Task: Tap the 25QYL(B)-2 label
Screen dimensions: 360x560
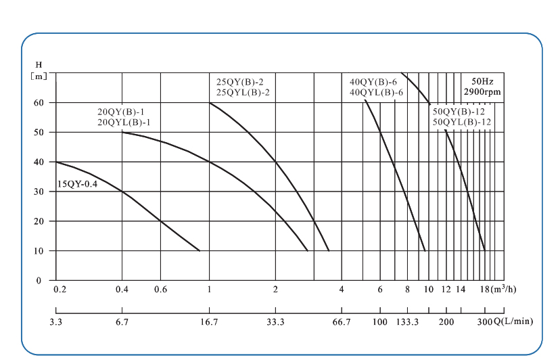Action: tap(243, 92)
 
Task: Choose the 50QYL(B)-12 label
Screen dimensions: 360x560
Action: tap(461, 122)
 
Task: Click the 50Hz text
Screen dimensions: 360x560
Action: tap(482, 81)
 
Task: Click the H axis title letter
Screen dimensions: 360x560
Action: tap(39, 64)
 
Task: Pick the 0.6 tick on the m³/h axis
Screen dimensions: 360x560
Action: tap(160, 290)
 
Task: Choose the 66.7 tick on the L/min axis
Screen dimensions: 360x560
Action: tap(341, 321)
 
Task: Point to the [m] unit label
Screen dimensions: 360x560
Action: tap(39, 76)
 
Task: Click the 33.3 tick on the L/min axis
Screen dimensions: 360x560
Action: tap(275, 321)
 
